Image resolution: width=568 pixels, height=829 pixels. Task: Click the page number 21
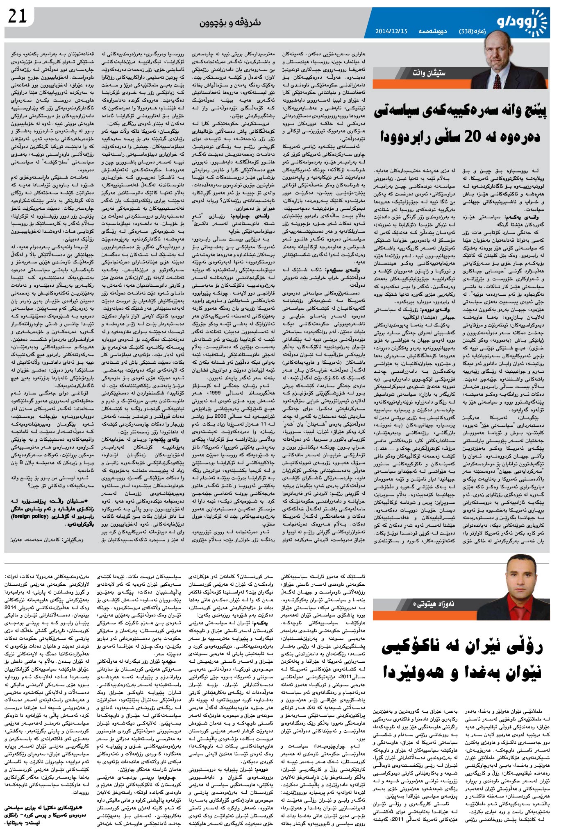pos(17,17)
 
